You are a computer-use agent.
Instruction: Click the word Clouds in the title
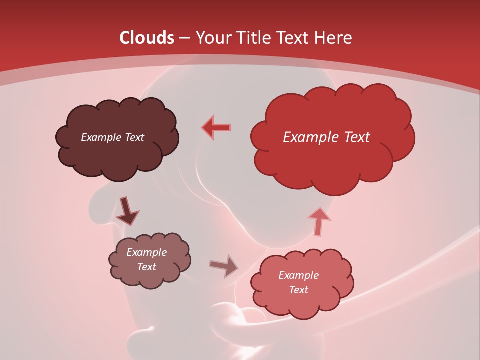[x=147, y=38]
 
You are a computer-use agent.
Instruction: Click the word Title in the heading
[x=252, y=38]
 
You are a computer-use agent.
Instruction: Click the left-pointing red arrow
[x=216, y=127]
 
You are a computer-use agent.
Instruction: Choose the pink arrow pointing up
[x=319, y=221]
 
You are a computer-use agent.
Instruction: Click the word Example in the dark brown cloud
[x=100, y=137]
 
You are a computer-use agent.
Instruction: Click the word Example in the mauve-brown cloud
[x=146, y=252]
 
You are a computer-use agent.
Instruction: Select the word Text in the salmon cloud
[x=298, y=290]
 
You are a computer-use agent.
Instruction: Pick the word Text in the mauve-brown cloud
[x=146, y=267]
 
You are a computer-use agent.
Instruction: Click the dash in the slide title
[x=183, y=38]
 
